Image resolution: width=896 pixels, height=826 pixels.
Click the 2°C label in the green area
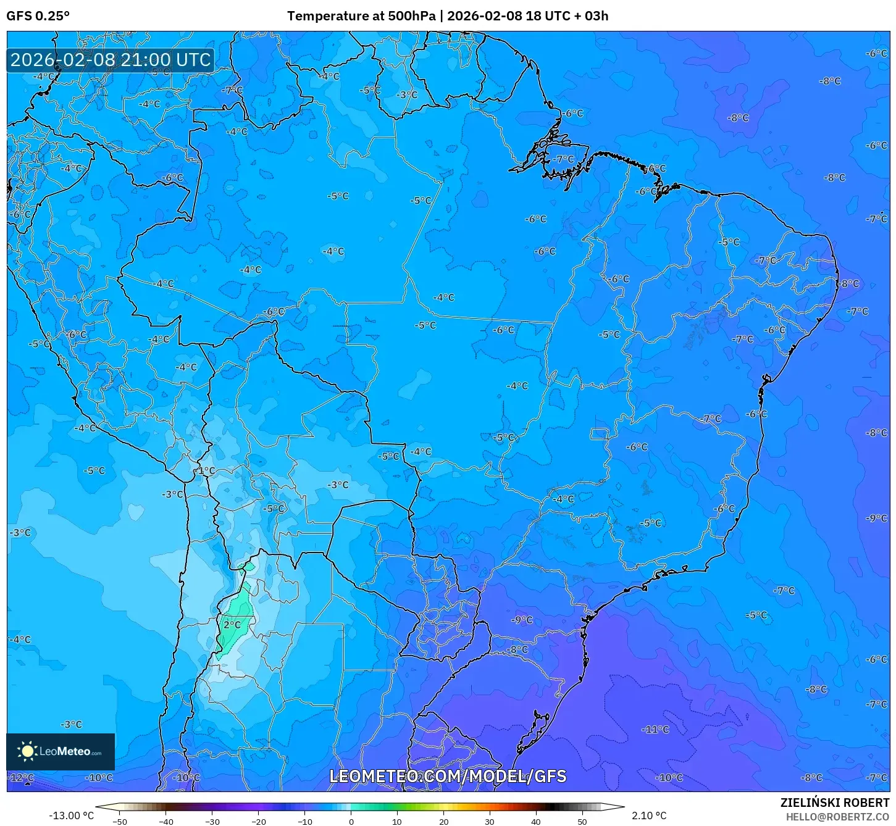coord(232,625)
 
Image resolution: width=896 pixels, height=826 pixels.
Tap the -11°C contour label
coord(656,729)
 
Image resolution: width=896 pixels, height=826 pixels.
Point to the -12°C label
coord(21,777)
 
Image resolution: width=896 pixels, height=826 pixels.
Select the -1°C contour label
coord(205,470)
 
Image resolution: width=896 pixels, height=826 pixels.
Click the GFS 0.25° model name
coord(38,16)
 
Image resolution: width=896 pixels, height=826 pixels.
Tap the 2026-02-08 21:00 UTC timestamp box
coord(111,60)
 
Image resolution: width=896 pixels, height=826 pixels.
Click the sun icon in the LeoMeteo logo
coord(28,751)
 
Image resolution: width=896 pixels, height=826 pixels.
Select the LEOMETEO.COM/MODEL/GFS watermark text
coord(448,776)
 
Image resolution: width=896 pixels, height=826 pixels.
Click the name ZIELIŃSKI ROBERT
coord(835,803)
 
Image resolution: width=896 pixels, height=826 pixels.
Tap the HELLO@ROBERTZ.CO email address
coord(837,817)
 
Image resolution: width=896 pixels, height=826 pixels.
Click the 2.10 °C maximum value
coord(649,816)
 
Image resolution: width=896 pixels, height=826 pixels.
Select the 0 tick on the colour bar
coord(351,822)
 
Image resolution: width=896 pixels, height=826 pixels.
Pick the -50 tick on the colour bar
coord(120,822)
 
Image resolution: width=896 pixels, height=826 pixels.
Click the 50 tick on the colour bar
coord(582,822)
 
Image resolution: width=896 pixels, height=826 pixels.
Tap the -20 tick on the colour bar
coord(259,822)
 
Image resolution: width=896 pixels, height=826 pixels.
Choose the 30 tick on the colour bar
coord(489,822)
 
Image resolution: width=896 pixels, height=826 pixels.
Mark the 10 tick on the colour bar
coord(396,822)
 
